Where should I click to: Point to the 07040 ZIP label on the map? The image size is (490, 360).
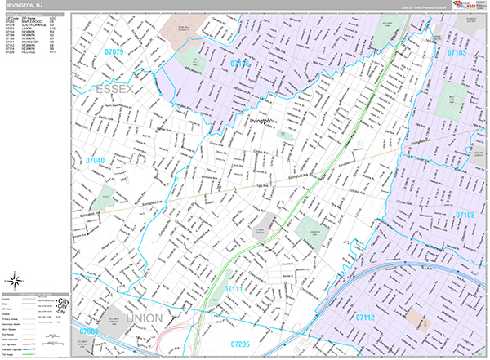coord(95,161)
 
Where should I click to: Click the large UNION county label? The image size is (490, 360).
coord(144,317)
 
